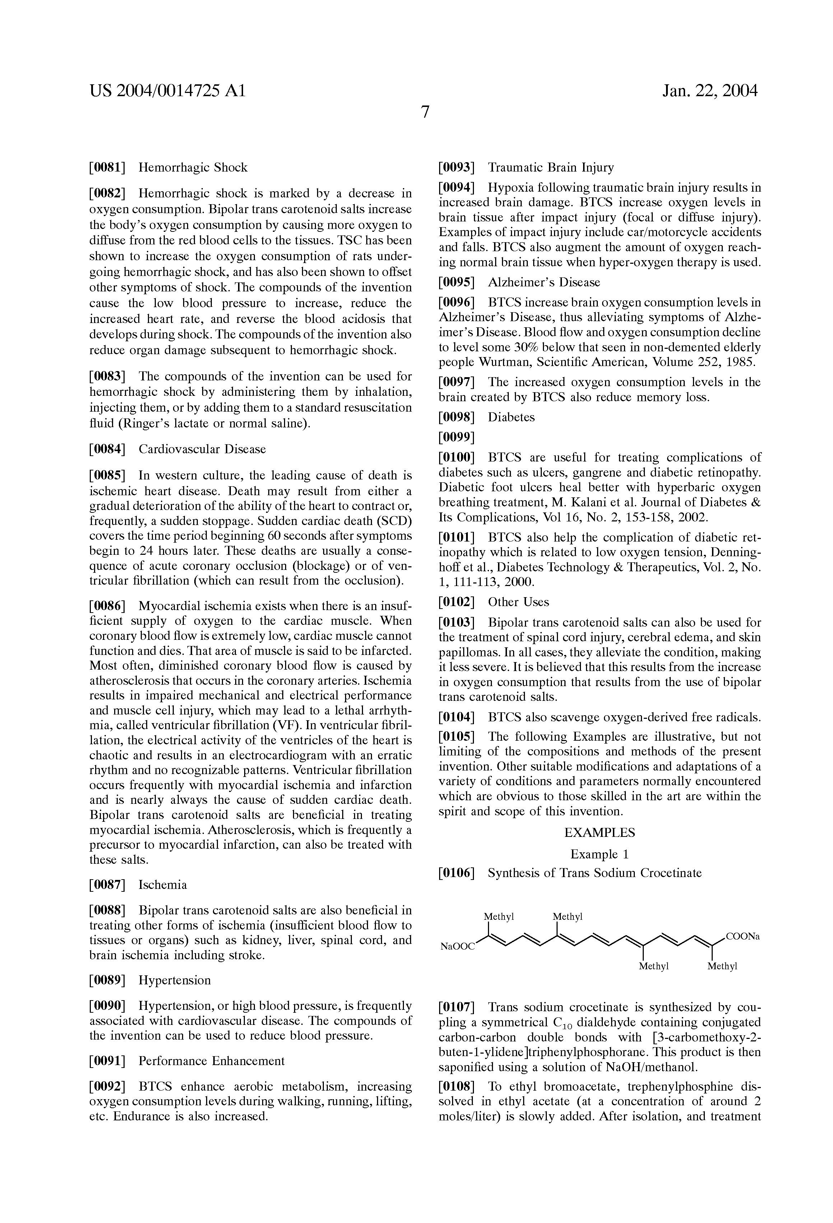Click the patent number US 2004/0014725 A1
coord(167,91)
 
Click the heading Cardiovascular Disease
coord(202,449)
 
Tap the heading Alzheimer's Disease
coord(544,282)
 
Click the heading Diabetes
coord(511,417)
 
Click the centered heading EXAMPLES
coord(600,833)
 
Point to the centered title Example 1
coord(599,854)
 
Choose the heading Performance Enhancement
coord(211,1060)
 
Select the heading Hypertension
coord(174,980)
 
